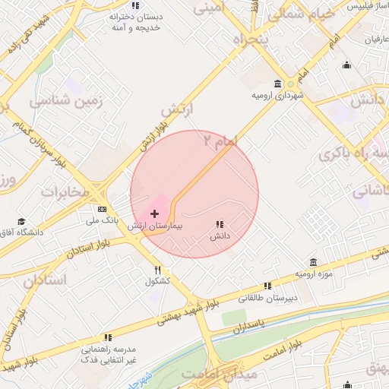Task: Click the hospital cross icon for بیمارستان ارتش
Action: [155, 214]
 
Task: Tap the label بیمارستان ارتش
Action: [155, 226]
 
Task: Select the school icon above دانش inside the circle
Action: [220, 225]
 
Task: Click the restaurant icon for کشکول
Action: [158, 270]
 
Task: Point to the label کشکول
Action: [157, 281]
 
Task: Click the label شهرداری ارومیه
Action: [278, 96]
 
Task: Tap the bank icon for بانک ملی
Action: [101, 209]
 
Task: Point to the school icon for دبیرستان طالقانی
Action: [267, 286]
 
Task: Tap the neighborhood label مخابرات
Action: [65, 191]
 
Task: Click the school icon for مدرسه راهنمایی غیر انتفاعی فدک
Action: [107, 337]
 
